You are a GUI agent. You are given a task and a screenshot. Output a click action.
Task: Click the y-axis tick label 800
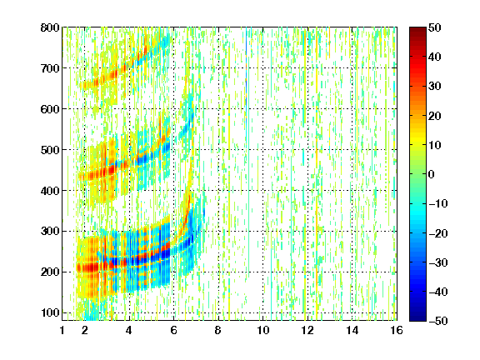(x=50, y=27)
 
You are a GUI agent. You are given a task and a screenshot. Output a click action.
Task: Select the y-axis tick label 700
(x=50, y=68)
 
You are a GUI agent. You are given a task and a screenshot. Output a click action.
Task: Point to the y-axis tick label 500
(x=50, y=150)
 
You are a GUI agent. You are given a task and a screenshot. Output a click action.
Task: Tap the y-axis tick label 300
(x=50, y=231)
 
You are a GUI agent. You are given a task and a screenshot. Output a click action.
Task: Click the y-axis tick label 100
(x=50, y=312)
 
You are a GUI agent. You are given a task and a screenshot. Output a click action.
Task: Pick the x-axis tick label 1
(x=62, y=331)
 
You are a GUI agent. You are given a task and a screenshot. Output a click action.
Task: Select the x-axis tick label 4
(x=128, y=331)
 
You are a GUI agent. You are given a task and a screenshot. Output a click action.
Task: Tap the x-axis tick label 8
(x=217, y=331)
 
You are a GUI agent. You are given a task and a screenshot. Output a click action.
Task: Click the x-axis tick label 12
(x=307, y=331)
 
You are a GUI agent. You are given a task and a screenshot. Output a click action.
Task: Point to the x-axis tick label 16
(x=397, y=331)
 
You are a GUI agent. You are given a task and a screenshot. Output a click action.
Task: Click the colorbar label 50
(x=435, y=27)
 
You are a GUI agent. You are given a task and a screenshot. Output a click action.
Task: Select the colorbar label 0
(x=432, y=174)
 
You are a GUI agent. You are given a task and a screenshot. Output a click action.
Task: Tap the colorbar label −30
(x=438, y=262)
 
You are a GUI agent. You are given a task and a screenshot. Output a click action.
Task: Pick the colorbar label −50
(x=438, y=321)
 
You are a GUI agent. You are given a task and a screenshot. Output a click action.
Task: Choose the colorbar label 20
(x=435, y=116)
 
